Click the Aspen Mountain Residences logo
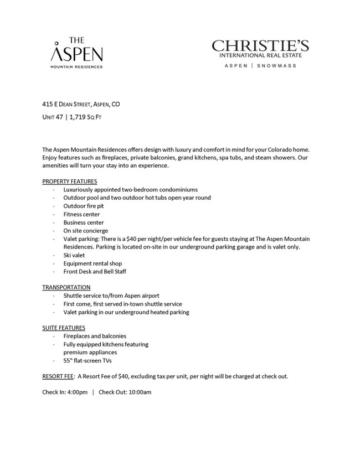(76, 53)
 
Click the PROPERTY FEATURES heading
(70, 181)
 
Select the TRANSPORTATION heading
(66, 287)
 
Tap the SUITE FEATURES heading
(64, 328)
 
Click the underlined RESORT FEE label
(58, 376)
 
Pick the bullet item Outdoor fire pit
(83, 206)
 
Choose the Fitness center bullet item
(81, 214)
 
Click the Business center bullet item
(83, 222)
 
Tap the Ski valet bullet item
(74, 255)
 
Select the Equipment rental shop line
(92, 263)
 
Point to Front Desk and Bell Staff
(95, 272)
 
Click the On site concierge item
(85, 231)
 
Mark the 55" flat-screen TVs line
(88, 361)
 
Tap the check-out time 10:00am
(138, 392)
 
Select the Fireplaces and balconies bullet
(95, 336)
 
